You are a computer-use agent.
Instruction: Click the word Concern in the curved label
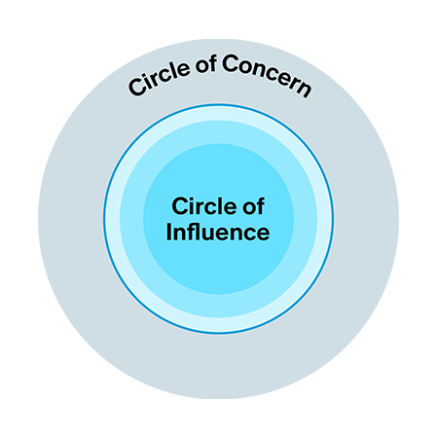[x=266, y=75]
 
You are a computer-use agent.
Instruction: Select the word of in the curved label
[x=206, y=64]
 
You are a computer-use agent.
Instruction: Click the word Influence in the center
[x=218, y=232]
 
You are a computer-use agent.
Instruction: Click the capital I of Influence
[x=168, y=232]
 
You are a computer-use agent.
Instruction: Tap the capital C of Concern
[x=231, y=63]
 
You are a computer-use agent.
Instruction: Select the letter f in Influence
[x=190, y=232]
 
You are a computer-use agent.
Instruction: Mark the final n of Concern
[x=303, y=88]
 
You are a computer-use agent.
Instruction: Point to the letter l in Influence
[x=200, y=232]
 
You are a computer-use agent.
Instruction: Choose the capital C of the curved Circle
[x=137, y=87]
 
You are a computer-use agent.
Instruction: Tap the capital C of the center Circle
[x=181, y=206]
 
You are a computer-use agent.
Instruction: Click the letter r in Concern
[x=290, y=83]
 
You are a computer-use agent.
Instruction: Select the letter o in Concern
[x=249, y=67]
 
